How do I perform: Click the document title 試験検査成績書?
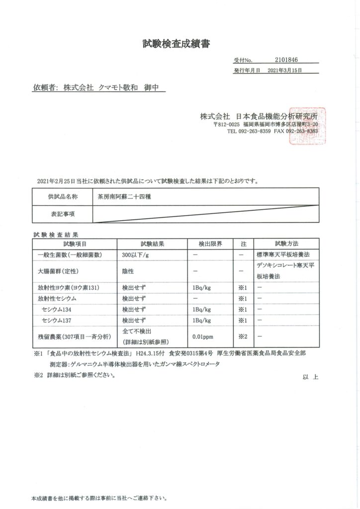[x=176, y=44]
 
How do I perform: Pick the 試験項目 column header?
[x=75, y=244]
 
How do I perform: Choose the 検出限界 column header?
[x=210, y=244]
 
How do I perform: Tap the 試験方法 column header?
[x=286, y=244]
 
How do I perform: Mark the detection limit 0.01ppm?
[x=203, y=337]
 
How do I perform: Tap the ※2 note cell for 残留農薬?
[x=243, y=337]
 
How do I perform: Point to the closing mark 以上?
[x=310, y=377]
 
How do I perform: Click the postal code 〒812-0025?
[x=227, y=124]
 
